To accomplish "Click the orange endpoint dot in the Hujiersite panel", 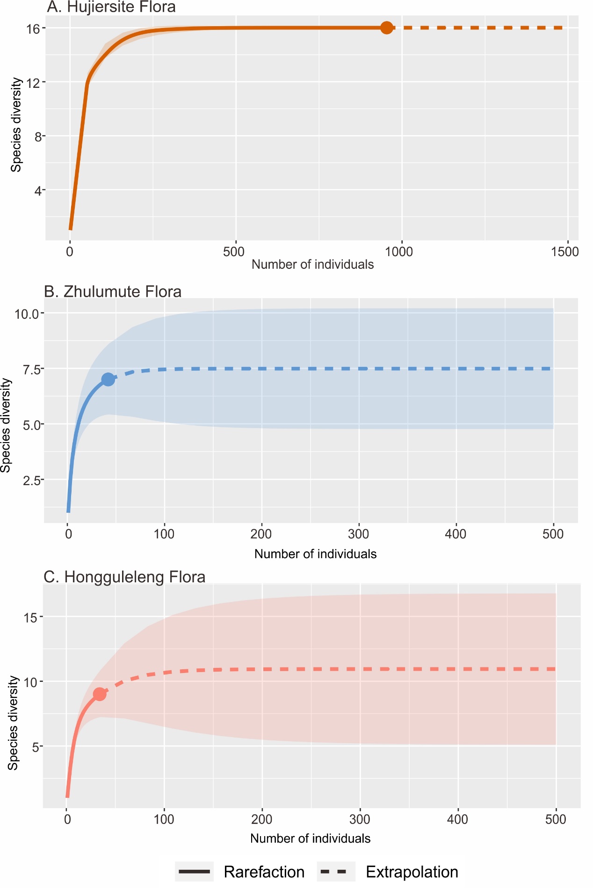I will (x=386, y=28).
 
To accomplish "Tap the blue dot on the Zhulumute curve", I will (x=108, y=380).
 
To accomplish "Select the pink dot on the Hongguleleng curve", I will (x=100, y=694).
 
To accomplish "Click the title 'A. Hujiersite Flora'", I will (x=111, y=7).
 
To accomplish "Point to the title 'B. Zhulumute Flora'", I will (x=113, y=292).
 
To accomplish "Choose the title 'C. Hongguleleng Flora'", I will (x=124, y=577).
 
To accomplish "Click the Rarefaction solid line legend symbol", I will (x=194, y=872).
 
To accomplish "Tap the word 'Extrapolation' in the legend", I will (x=412, y=872).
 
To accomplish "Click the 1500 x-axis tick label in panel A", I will (x=564, y=252).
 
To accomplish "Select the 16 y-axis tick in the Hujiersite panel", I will (x=33, y=29).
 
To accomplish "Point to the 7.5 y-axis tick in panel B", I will (x=32, y=369).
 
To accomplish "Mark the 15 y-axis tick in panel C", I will (x=30, y=617).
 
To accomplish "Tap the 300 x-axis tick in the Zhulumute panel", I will (x=359, y=534).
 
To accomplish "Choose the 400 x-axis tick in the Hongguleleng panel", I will (x=457, y=819).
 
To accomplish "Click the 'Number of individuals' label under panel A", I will (x=312, y=265).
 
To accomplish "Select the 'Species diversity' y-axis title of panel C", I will (x=13, y=723).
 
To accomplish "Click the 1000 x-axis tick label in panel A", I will (x=398, y=252).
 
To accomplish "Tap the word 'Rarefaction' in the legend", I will (x=264, y=872).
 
